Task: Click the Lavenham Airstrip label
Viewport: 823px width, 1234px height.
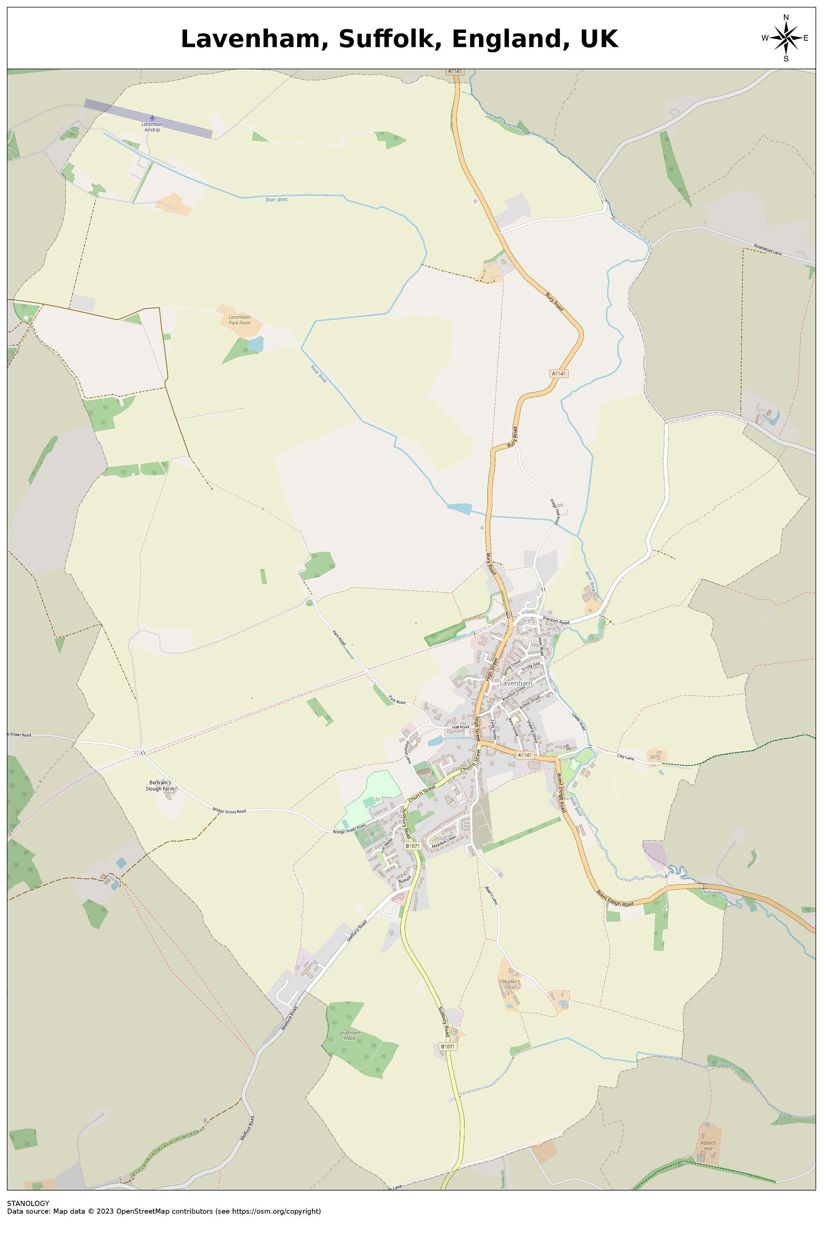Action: click(x=152, y=127)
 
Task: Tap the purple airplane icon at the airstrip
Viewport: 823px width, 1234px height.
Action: click(x=152, y=118)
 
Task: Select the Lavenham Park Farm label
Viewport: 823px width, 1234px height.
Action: click(x=239, y=320)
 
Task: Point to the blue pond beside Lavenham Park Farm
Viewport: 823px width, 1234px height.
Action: click(x=256, y=344)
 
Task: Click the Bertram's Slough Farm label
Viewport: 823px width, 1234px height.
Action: click(x=160, y=786)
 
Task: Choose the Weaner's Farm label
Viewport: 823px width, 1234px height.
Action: click(x=510, y=984)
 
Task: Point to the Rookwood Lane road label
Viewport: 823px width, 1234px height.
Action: click(x=768, y=249)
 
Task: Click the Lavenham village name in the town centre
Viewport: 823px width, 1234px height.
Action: click(x=516, y=683)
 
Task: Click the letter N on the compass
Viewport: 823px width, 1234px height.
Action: click(x=786, y=18)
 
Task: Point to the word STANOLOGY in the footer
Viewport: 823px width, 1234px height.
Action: click(x=28, y=1203)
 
